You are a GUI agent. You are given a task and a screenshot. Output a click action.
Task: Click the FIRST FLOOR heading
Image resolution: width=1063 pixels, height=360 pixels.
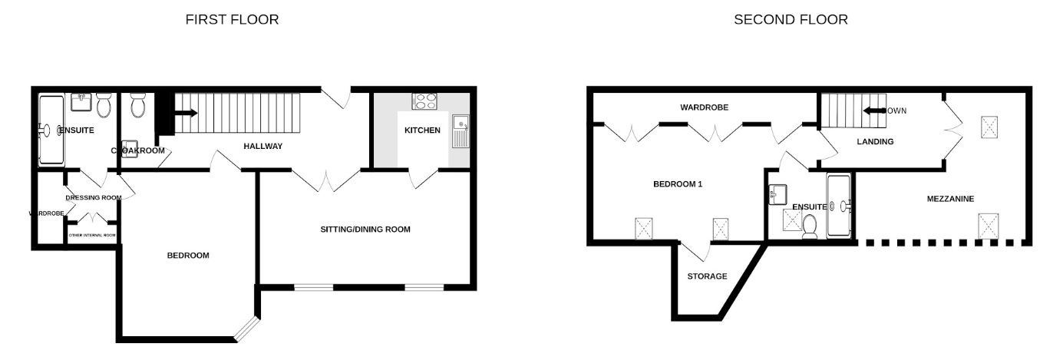coord(232,20)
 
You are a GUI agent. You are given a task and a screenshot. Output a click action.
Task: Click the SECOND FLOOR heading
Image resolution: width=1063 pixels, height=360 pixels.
coord(791,20)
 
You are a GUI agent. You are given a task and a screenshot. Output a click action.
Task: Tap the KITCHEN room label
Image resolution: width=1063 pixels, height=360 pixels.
coord(422,130)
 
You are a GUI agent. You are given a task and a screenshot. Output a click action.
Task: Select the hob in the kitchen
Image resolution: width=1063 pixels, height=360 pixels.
coord(424,101)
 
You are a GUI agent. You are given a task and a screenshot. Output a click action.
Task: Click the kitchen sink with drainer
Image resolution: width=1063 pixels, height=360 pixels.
coord(461,131)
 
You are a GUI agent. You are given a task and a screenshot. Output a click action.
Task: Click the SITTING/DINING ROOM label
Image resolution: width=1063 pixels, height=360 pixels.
coord(365,230)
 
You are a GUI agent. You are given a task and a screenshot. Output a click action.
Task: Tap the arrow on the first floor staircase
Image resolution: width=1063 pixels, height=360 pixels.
coord(187,114)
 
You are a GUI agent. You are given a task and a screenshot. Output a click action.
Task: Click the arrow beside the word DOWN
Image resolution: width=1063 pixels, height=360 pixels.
coord(872,111)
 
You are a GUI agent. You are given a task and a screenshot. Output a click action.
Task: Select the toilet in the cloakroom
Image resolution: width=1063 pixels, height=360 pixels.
coord(139,105)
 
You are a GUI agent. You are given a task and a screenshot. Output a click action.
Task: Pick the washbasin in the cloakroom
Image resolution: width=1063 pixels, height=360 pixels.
coord(130,148)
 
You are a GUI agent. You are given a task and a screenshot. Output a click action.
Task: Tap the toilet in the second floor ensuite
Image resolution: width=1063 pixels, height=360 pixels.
coord(810,226)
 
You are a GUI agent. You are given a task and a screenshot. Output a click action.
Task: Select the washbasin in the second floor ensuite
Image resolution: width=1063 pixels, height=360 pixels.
coord(778,194)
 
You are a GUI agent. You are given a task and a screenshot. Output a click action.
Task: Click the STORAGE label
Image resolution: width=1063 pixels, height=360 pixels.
coord(707,276)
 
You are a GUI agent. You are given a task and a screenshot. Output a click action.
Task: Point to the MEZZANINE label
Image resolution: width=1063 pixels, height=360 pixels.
coord(949,199)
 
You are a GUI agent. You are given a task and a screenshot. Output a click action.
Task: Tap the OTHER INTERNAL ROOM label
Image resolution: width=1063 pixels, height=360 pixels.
coord(92,236)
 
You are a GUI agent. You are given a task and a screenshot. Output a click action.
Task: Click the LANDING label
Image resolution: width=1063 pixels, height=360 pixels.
coord(875,141)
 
